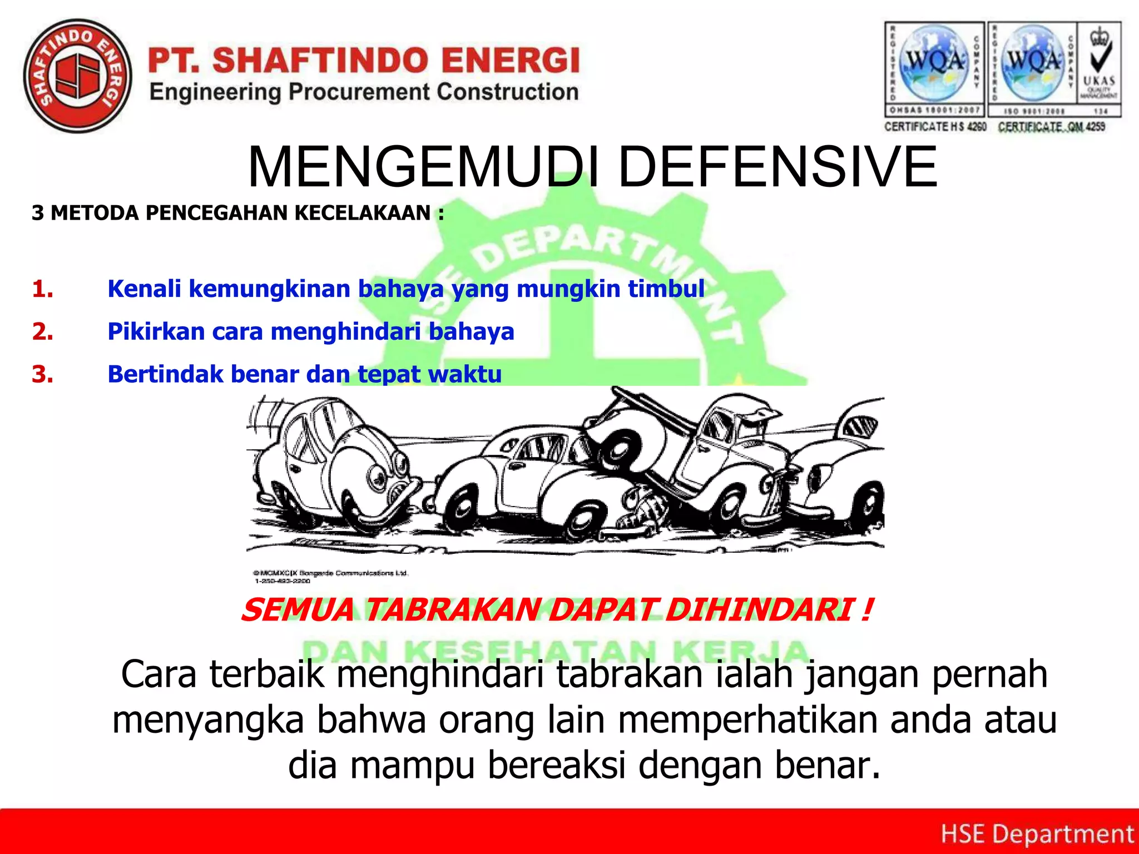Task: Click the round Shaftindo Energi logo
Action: pyautogui.click(x=77, y=76)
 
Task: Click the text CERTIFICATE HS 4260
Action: pyautogui.click(x=935, y=127)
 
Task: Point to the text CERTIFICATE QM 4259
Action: pyautogui.click(x=1051, y=127)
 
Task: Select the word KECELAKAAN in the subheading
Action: pyautogui.click(x=363, y=213)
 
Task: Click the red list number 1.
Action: pyautogui.click(x=42, y=289)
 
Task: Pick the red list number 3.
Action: pyautogui.click(x=42, y=374)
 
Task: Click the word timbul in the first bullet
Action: pyautogui.click(x=666, y=289)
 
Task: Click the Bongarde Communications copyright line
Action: pyautogui.click(x=331, y=573)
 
